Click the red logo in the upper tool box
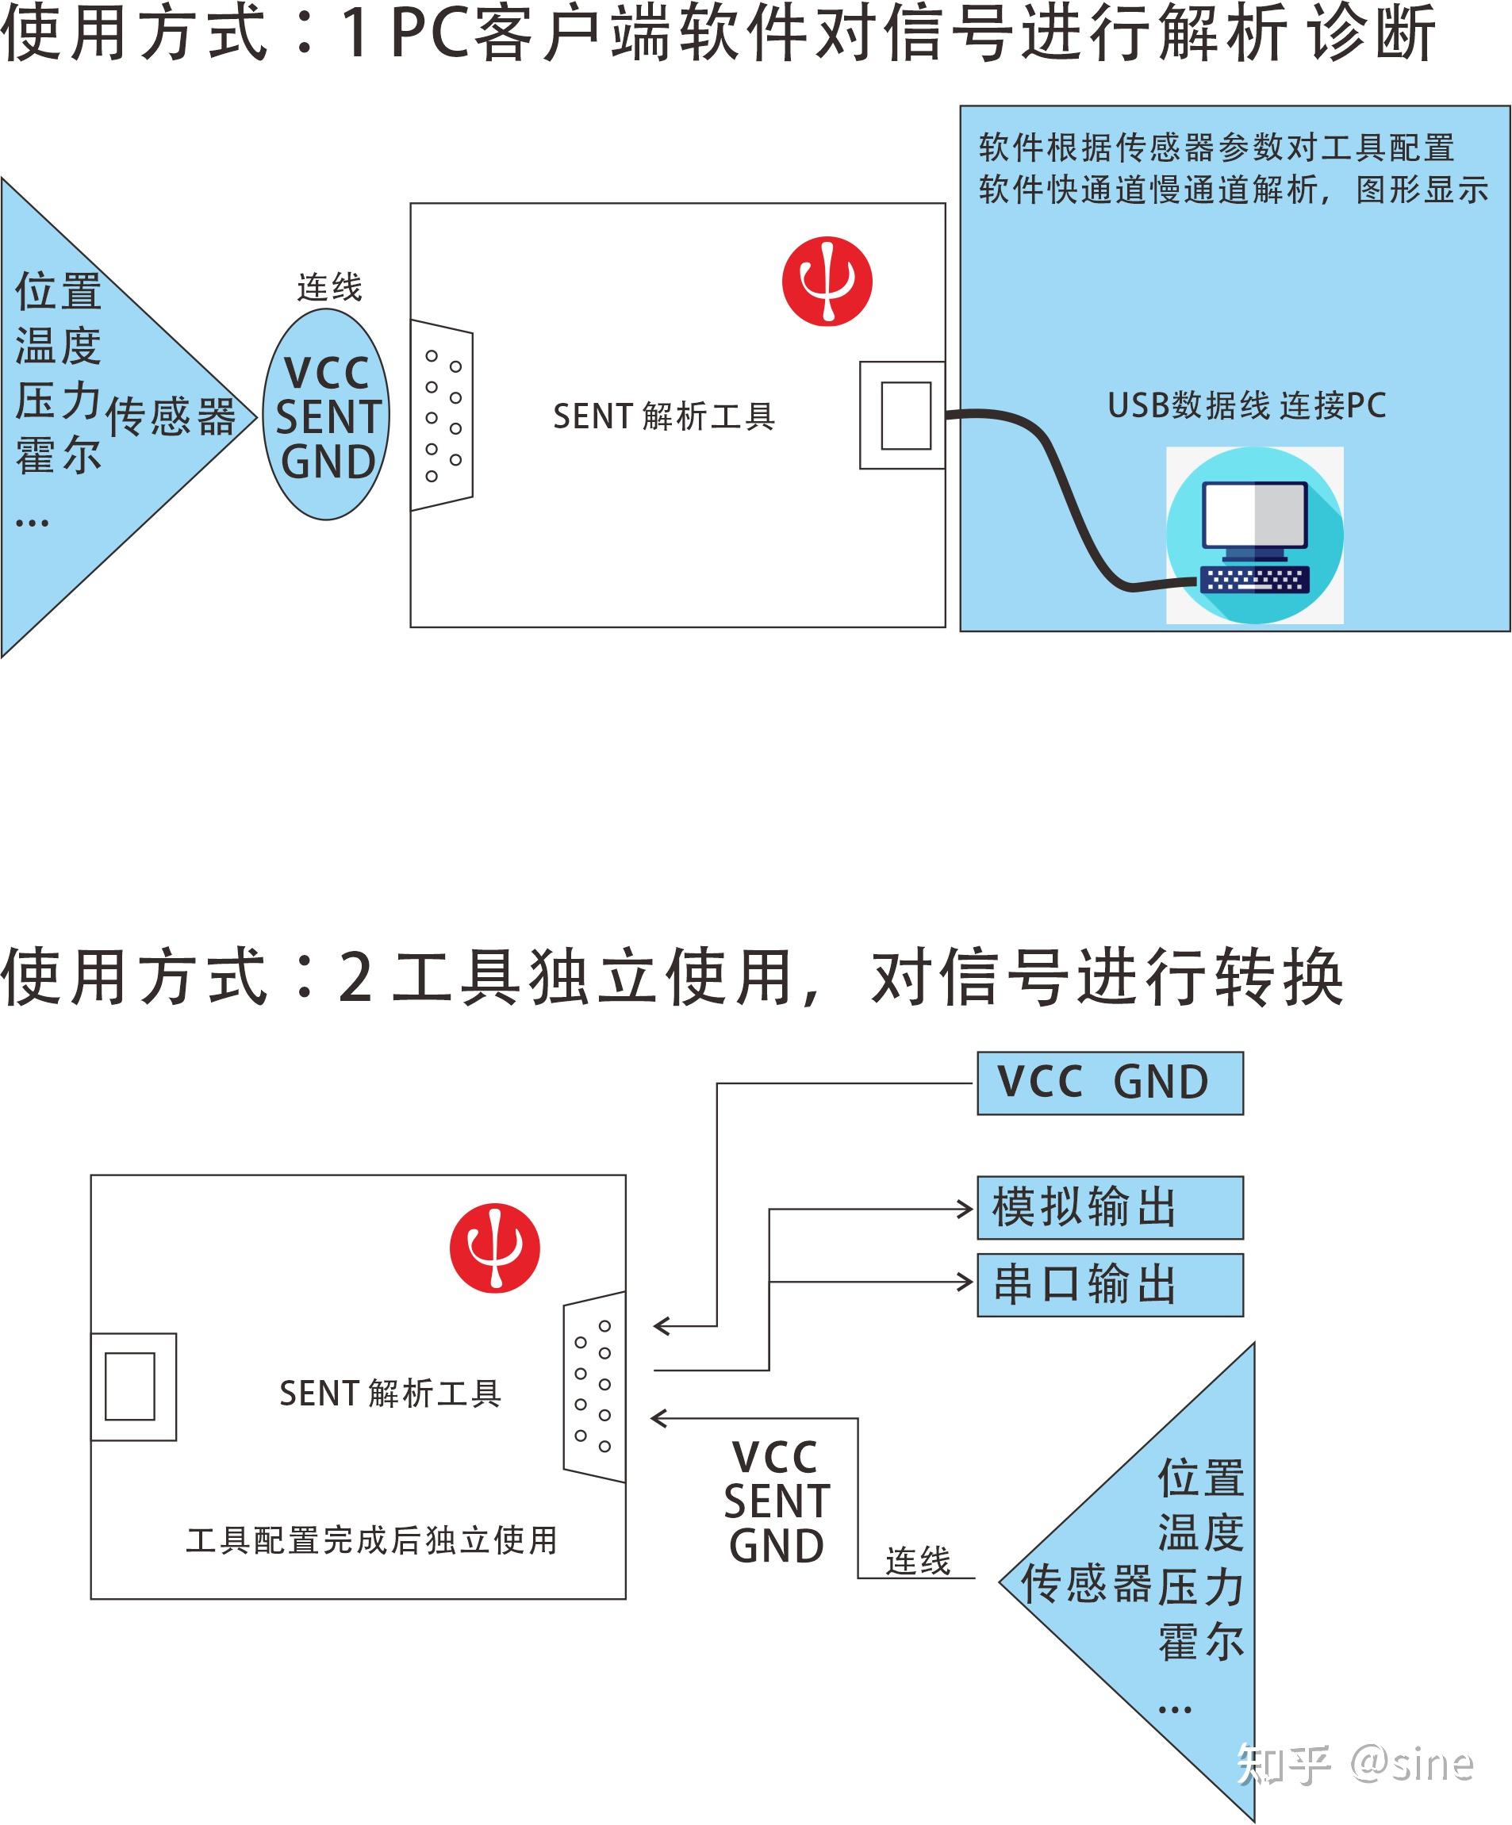(827, 281)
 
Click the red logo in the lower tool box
(494, 1248)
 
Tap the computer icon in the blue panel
(1254, 535)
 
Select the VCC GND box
(1110, 1083)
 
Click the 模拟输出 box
(1110, 1207)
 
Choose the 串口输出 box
(1110, 1284)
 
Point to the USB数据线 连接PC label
(1246, 406)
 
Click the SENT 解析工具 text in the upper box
(664, 417)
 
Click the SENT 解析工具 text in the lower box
(390, 1393)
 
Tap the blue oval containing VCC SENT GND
(327, 416)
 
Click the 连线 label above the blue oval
(329, 288)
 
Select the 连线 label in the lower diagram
(918, 1561)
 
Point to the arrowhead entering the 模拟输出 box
(965, 1209)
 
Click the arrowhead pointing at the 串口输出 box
(965, 1282)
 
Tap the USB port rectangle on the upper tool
(905, 416)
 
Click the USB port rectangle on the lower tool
(130, 1386)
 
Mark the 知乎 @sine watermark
(1356, 1762)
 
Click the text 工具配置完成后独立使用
(372, 1540)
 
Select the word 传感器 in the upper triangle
(171, 417)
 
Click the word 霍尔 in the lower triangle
(1201, 1641)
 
